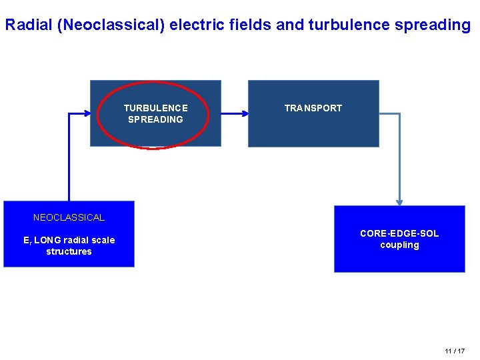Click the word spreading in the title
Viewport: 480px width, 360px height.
tap(434, 25)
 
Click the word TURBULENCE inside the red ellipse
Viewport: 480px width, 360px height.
tap(156, 108)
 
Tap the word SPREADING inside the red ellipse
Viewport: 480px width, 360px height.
tap(156, 119)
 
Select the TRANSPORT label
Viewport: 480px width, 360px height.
tap(313, 108)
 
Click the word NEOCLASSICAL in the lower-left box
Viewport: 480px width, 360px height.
tap(69, 217)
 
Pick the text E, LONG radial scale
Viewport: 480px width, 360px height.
tap(69, 240)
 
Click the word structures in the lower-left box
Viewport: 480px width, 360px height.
tap(69, 251)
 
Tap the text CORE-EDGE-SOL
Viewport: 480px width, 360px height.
tap(399, 233)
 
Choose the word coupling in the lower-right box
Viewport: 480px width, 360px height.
tap(399, 245)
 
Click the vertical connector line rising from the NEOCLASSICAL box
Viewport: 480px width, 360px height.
tap(69, 160)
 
